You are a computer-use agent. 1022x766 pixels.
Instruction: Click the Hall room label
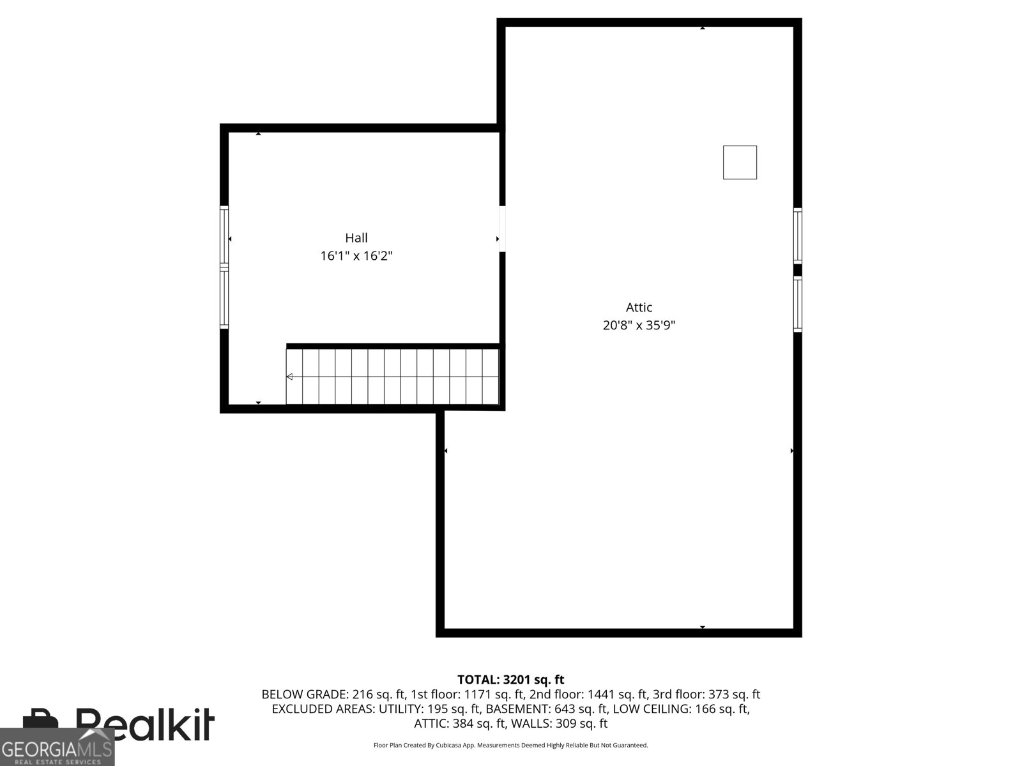(x=356, y=238)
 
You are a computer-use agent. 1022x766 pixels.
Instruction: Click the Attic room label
(x=639, y=307)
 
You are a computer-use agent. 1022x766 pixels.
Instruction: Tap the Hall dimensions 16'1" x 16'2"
(x=356, y=256)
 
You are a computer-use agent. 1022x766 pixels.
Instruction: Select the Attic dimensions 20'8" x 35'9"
(x=639, y=325)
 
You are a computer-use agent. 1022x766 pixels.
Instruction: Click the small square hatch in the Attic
(x=740, y=162)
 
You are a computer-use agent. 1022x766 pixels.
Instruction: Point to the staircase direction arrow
(x=289, y=377)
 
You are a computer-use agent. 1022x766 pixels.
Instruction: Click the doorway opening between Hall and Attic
(x=502, y=229)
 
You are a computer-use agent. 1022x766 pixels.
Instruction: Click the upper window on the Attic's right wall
(x=798, y=236)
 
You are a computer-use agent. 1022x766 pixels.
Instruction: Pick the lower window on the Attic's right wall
(x=798, y=304)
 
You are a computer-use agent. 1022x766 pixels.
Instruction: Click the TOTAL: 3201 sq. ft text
(x=510, y=680)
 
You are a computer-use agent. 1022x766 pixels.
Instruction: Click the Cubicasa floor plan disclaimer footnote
(x=510, y=745)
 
